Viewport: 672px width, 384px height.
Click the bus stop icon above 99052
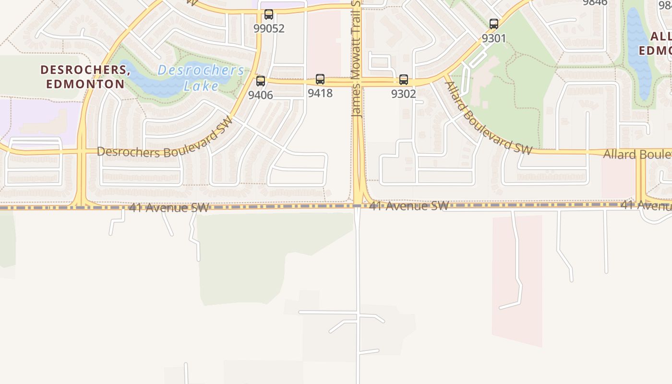[x=269, y=14]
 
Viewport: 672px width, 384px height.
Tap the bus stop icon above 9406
[x=261, y=81]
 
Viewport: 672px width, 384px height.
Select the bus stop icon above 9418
[x=320, y=79]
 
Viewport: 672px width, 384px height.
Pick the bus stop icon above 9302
[x=404, y=80]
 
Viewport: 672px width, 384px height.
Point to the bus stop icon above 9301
[x=494, y=24]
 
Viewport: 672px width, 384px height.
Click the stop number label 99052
[x=269, y=28]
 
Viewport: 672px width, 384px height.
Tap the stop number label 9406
[x=261, y=95]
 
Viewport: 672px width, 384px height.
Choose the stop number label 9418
[x=320, y=93]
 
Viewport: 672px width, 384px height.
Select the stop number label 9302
[x=404, y=94]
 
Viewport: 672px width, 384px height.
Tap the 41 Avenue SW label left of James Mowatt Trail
[x=169, y=208]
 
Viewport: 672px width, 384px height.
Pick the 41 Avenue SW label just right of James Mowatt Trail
[x=409, y=206]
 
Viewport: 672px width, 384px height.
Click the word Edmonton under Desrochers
[x=85, y=84]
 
